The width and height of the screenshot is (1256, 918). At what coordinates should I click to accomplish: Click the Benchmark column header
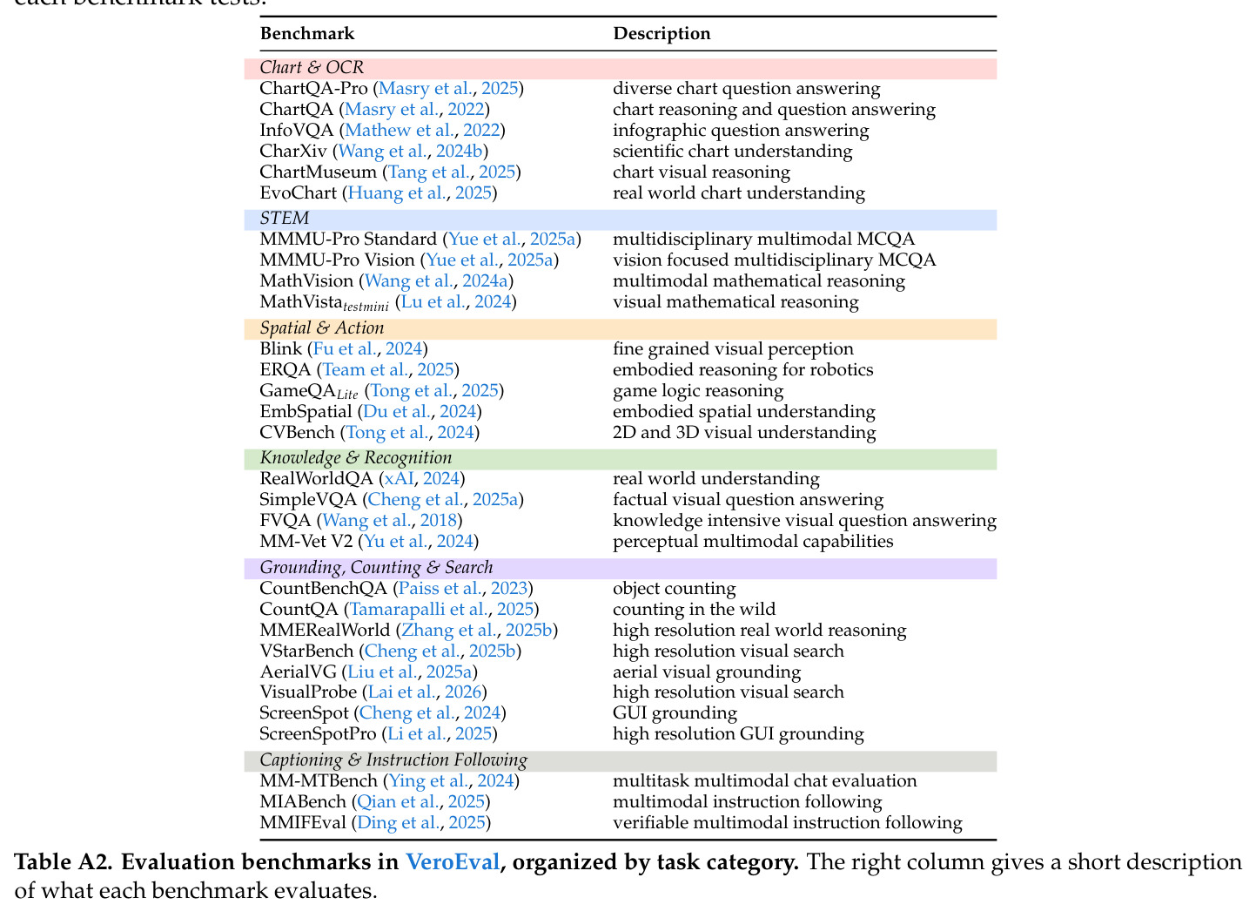click(307, 34)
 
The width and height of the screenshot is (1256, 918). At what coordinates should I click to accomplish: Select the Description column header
click(662, 34)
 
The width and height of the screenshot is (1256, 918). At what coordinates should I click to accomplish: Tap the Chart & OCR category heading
click(312, 68)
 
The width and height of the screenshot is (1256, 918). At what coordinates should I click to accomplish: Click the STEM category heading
click(285, 219)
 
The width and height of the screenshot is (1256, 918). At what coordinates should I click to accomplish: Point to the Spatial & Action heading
click(322, 327)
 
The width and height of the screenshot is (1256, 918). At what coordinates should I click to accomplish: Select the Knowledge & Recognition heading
click(356, 458)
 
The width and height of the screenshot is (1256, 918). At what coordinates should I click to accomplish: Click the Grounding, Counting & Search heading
click(376, 567)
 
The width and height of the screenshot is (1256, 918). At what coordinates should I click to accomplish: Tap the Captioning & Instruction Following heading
click(393, 760)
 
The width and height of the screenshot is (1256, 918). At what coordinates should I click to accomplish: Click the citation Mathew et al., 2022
click(422, 130)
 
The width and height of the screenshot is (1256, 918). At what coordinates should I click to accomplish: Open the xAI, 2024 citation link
click(421, 479)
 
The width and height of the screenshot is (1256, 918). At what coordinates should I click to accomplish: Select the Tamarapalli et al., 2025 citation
click(441, 610)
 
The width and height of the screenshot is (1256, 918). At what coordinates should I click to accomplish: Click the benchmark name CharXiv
click(293, 152)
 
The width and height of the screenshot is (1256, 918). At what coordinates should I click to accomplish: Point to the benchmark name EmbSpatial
click(306, 412)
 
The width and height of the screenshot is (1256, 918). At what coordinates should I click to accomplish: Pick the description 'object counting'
click(674, 589)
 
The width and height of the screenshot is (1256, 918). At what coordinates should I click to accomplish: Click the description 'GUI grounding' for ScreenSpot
click(675, 713)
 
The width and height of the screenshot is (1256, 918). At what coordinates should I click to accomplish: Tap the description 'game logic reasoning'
click(698, 391)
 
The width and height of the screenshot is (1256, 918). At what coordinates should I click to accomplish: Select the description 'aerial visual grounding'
click(707, 672)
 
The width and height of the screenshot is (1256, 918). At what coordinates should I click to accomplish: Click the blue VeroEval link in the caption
click(453, 862)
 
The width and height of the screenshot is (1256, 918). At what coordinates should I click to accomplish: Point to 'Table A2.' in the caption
click(64, 862)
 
